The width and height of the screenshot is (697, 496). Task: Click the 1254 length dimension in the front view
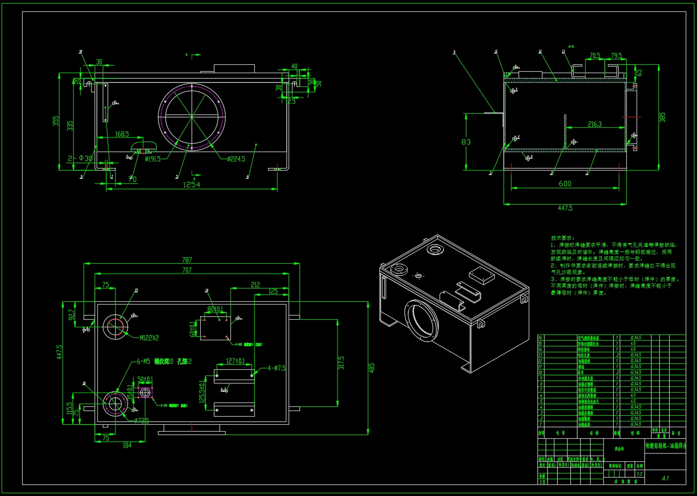pos(191,184)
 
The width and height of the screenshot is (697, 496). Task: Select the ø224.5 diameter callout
pos(236,159)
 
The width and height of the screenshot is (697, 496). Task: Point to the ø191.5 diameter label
pos(153,159)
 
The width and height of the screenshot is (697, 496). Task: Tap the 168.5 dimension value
pos(122,134)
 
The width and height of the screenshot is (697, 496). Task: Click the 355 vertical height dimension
pos(56,122)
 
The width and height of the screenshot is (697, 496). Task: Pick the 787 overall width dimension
pos(187,260)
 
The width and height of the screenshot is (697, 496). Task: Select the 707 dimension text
pos(187,270)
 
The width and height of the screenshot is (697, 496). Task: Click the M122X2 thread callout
pos(149,338)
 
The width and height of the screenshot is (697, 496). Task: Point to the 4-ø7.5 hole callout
pos(277,368)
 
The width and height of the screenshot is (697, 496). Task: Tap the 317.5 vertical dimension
pos(341,363)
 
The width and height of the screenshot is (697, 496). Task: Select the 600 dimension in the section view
pos(565,184)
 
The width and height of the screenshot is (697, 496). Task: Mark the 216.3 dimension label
pos(594,124)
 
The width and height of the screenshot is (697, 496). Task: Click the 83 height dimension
pos(466,142)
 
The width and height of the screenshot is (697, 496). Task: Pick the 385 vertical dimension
pos(662,117)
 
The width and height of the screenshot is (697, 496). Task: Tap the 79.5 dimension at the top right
pos(616,56)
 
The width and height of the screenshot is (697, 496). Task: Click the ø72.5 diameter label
pos(141,421)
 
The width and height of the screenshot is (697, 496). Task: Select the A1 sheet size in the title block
pos(665,478)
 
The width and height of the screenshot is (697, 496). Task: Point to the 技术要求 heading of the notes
pos(562,238)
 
